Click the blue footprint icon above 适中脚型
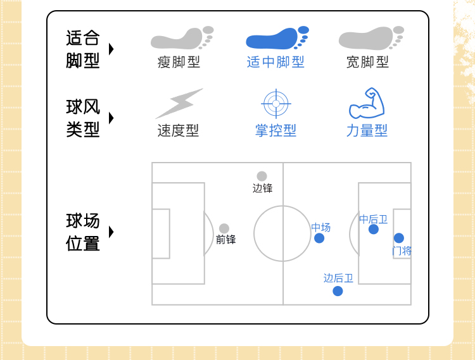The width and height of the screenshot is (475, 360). [x=277, y=38]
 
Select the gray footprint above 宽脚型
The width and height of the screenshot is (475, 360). [x=371, y=38]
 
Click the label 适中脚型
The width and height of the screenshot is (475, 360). [x=275, y=62]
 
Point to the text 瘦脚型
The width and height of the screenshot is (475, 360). [x=179, y=62]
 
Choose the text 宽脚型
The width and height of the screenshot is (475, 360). [x=367, y=62]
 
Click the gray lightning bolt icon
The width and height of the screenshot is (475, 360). [x=179, y=103]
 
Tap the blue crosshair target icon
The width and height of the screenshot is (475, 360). [x=275, y=103]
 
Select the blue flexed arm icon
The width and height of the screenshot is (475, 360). [x=367, y=104]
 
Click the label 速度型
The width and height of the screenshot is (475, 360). [x=178, y=130]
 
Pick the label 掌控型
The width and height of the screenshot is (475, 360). [x=275, y=130]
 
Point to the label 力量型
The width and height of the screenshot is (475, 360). [x=367, y=130]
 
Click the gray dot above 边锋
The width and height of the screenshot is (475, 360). [x=262, y=177]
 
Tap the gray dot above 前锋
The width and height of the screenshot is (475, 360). [x=224, y=228]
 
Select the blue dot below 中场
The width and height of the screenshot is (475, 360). [x=319, y=238]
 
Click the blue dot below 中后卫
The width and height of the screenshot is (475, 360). [x=374, y=229]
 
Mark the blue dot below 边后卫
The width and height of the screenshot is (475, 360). [x=338, y=291]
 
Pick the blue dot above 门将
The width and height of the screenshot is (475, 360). [x=399, y=238]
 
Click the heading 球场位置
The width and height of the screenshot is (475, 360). [x=83, y=232]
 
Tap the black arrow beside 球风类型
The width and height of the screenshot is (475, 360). [x=111, y=118]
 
